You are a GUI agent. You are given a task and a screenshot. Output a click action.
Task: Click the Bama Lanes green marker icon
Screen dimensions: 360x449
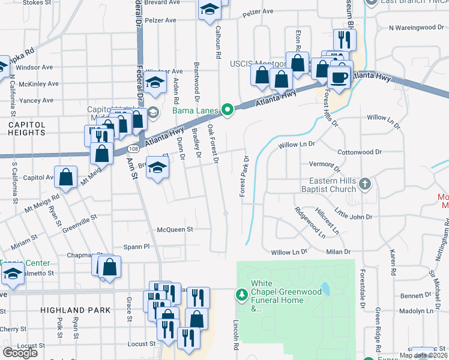tap(227, 110)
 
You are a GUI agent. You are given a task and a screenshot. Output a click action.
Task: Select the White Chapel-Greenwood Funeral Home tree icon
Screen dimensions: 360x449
tap(241, 294)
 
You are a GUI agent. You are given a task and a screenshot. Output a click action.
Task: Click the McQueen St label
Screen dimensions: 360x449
tap(175, 229)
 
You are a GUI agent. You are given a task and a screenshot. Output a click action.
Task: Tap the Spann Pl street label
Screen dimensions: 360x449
tap(136, 247)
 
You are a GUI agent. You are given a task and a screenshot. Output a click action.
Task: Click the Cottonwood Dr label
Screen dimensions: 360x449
tap(360, 152)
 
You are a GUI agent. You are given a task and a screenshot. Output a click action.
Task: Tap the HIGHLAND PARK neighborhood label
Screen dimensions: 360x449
tap(76, 310)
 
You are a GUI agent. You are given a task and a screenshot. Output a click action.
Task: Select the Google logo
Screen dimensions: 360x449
tap(20, 353)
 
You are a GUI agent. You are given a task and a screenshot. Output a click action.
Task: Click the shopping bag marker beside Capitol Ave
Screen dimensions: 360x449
tap(66, 176)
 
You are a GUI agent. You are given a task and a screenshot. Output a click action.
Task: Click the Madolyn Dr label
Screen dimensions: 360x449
tap(416, 311)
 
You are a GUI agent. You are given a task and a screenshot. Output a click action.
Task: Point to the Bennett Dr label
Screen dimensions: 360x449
tap(412, 295)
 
